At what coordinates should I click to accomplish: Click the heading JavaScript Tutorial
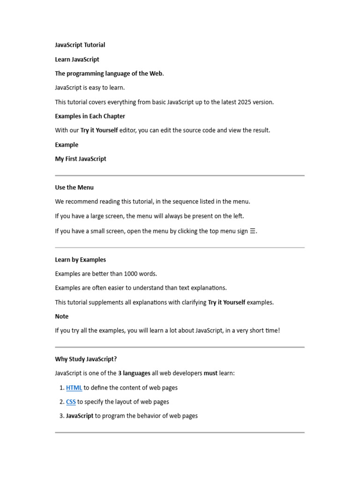click(x=80, y=45)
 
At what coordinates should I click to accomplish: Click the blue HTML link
click(x=74, y=388)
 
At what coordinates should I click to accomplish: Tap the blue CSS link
click(x=71, y=402)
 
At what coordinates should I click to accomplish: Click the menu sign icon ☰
click(x=253, y=231)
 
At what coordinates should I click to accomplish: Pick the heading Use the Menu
click(x=74, y=187)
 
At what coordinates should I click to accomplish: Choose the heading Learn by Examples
click(x=80, y=260)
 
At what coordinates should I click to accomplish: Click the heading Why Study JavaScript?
click(x=86, y=359)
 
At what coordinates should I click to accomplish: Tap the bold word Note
click(x=61, y=316)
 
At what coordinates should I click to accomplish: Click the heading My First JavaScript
click(x=81, y=159)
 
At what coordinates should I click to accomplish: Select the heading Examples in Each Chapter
click(x=90, y=116)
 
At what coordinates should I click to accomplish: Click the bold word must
click(x=210, y=373)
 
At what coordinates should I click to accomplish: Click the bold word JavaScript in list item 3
click(x=80, y=416)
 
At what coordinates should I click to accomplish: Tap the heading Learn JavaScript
click(x=77, y=60)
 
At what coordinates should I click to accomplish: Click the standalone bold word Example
click(x=67, y=145)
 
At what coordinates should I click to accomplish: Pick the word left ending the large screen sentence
click(x=238, y=216)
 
